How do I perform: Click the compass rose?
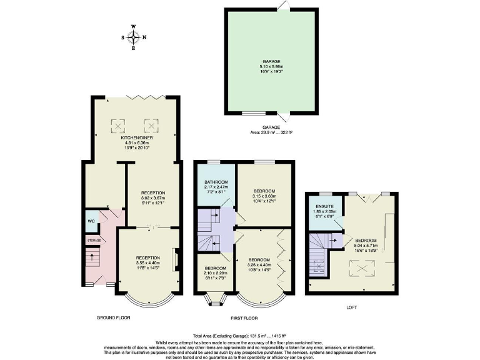pos(132,37)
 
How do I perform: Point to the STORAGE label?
pos(93,239)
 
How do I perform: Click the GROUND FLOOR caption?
pos(113,317)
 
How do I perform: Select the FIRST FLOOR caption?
pos(244,317)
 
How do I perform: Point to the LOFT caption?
pos(352,307)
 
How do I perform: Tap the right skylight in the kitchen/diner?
pos(150,124)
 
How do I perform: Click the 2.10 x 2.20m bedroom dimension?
pos(216,272)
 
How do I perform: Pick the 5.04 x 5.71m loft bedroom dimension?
pos(367,244)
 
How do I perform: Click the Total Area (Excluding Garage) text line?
pos(240,336)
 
